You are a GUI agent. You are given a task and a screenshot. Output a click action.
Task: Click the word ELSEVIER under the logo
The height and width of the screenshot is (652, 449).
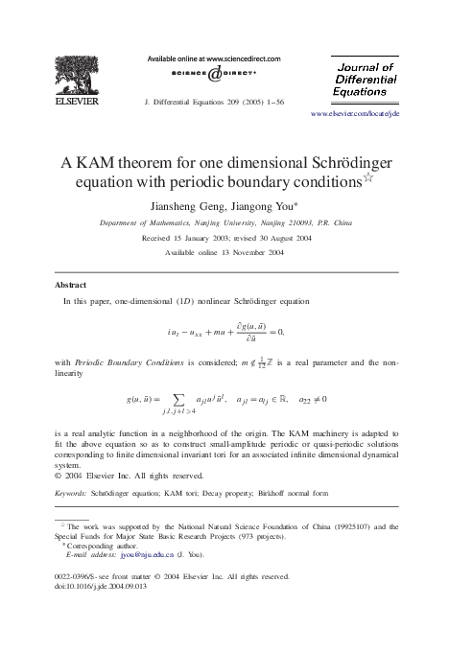(74, 99)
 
